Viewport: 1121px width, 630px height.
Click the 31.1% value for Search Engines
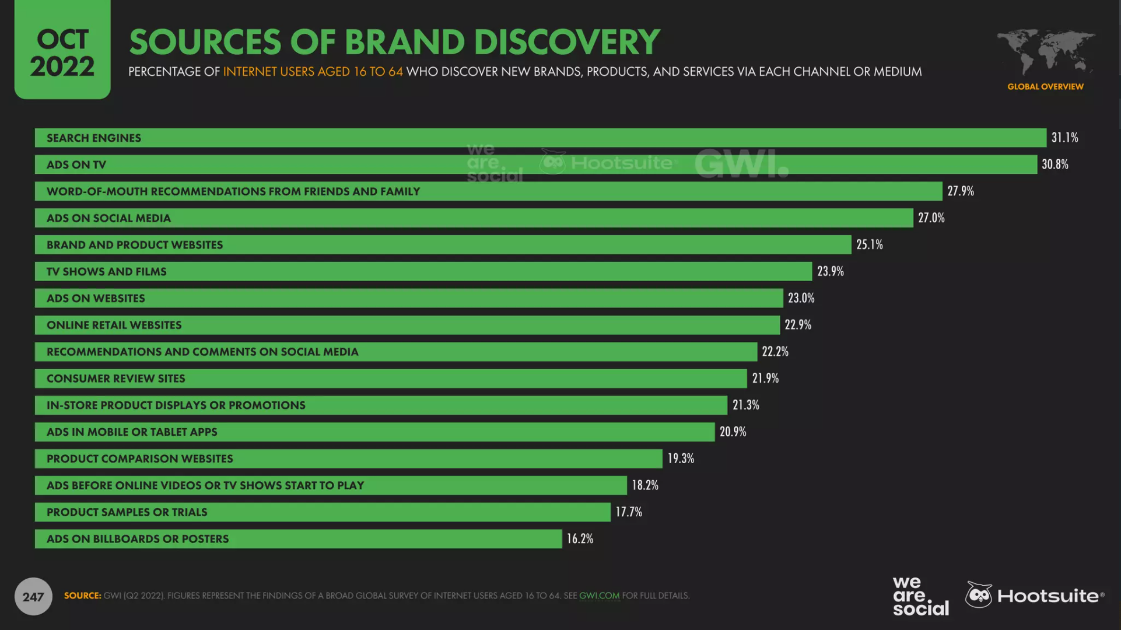[x=1064, y=138]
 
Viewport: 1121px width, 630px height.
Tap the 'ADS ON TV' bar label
[x=76, y=165]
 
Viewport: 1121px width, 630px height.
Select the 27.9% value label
[x=960, y=191]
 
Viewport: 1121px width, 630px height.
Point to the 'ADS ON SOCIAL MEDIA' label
[x=108, y=218]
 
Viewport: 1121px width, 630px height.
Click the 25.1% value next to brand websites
[x=869, y=245]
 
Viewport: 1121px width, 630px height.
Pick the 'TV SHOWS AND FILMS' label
[x=106, y=272]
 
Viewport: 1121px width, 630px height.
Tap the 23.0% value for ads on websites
[x=801, y=298]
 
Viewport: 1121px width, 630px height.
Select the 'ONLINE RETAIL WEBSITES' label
[x=114, y=325]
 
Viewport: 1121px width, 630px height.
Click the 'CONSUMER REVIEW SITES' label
[x=115, y=379]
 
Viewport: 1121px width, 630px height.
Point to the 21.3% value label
[x=745, y=405]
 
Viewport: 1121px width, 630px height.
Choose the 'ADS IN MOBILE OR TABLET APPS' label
[x=132, y=432]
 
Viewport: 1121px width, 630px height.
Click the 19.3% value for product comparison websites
[x=681, y=459]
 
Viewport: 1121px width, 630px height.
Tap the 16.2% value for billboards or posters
[x=580, y=539]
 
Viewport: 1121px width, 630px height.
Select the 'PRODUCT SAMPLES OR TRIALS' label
[x=127, y=512]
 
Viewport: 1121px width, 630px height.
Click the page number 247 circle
[x=33, y=596]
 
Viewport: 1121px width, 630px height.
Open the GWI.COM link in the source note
[x=599, y=596]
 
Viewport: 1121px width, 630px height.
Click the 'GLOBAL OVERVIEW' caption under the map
[x=1045, y=87]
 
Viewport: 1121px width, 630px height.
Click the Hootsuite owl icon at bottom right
[x=979, y=595]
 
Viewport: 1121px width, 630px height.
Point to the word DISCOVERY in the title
[x=566, y=42]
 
